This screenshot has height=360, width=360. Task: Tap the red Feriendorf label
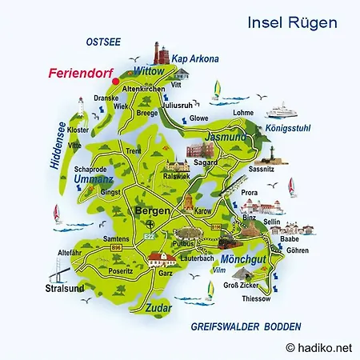pyautogui.click(x=78, y=72)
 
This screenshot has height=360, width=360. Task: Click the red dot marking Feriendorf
pyautogui.click(x=115, y=81)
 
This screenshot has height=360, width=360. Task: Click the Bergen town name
pyautogui.click(x=152, y=210)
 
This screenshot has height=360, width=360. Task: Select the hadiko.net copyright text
pyautogui.click(x=320, y=347)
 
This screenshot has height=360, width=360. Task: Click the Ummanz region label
pyautogui.click(x=88, y=182)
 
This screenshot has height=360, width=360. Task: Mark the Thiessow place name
pyautogui.click(x=255, y=298)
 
